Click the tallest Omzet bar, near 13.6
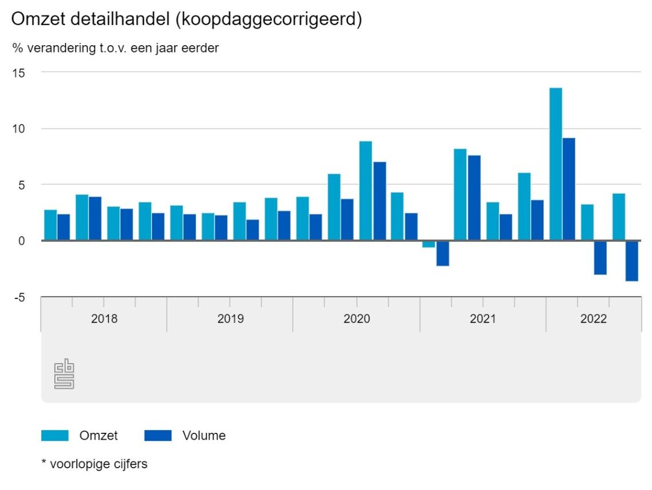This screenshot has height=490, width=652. [x=555, y=164]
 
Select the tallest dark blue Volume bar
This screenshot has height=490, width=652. [x=568, y=189]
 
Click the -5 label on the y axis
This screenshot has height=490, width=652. [x=19, y=297]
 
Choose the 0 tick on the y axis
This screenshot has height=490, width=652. [x=21, y=241]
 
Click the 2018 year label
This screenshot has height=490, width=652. [x=104, y=319]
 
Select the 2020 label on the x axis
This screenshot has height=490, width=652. [x=356, y=319]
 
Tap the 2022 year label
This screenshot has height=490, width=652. [x=594, y=319]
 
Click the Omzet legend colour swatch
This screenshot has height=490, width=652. [x=55, y=436]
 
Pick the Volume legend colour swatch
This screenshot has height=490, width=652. [x=158, y=436]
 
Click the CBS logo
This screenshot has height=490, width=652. [x=64, y=374]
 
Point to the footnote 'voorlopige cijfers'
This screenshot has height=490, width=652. [x=94, y=464]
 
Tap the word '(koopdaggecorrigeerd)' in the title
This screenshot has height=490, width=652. [x=269, y=19]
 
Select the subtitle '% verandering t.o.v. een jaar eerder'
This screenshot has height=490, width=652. [x=116, y=49]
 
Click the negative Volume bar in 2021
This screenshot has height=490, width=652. [x=443, y=253]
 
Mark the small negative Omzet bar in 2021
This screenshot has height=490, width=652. [x=429, y=244]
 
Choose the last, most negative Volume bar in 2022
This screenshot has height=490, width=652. [x=632, y=261]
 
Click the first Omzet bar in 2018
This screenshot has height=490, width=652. [x=50, y=225]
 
